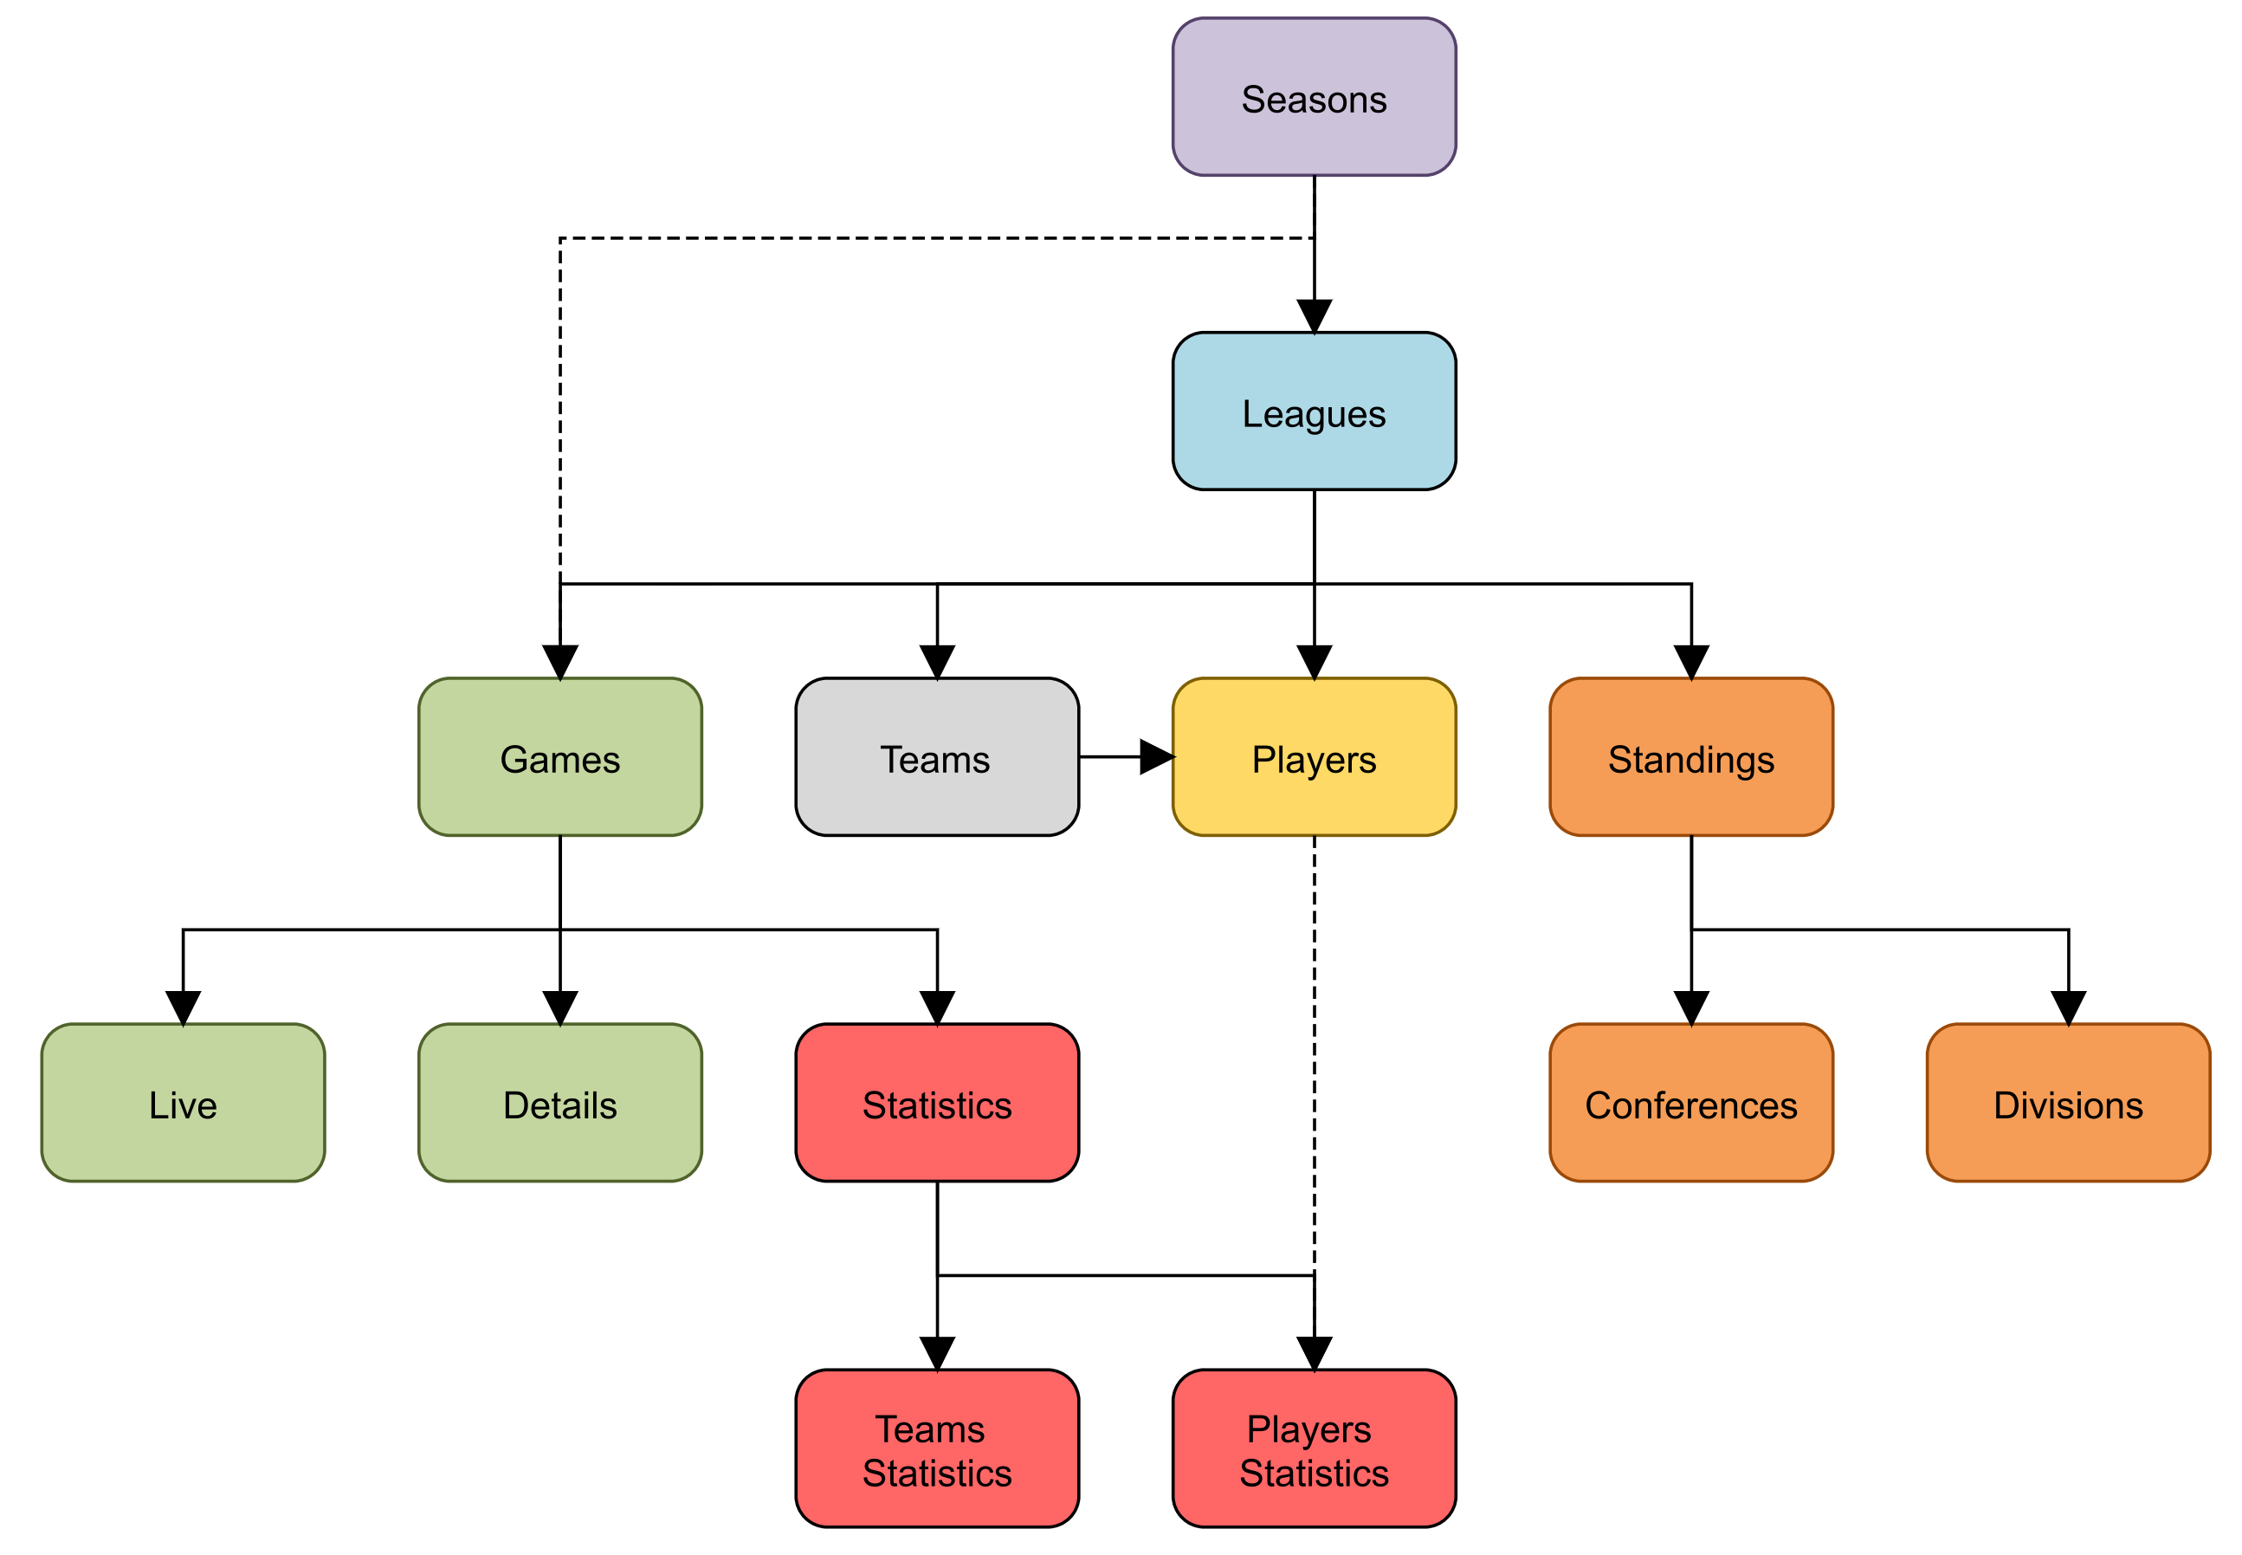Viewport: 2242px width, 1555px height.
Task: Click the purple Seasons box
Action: [x=1313, y=97]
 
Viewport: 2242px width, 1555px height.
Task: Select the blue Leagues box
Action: [x=1313, y=411]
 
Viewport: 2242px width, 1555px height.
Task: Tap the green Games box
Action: [x=560, y=757]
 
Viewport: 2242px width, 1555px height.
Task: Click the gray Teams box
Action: [x=936, y=757]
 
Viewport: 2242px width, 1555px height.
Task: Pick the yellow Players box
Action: [x=1313, y=757]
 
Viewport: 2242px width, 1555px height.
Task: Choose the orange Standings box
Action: [x=1690, y=757]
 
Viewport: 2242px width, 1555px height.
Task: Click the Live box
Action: [x=183, y=1103]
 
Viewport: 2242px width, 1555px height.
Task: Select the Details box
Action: [x=560, y=1103]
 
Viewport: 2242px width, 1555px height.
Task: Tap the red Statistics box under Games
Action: [x=936, y=1103]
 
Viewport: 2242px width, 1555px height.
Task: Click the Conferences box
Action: [x=1690, y=1103]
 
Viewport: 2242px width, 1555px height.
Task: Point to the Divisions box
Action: [x=2067, y=1103]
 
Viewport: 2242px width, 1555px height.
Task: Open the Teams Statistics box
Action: [x=936, y=1448]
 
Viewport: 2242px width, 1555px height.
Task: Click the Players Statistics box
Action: [x=1313, y=1448]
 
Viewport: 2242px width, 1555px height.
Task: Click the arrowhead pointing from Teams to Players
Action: [x=1155, y=757]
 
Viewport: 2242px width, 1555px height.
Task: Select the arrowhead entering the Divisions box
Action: [x=2067, y=1008]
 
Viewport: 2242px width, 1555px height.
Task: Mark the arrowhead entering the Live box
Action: [x=183, y=1008]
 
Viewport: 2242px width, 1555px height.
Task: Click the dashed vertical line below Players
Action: [x=1313, y=1053]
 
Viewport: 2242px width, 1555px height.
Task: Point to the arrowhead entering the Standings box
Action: [x=1690, y=662]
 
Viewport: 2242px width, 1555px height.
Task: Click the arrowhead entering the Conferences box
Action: [x=1690, y=1008]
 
